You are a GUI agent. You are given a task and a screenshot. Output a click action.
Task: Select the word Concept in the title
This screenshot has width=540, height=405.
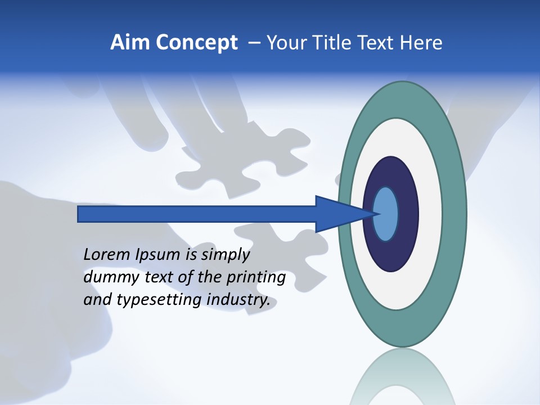pyautogui.click(x=196, y=43)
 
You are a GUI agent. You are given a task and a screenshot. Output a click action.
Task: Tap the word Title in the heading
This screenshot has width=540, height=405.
pyautogui.click(x=330, y=43)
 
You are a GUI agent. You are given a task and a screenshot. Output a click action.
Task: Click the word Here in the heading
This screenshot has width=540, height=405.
pyautogui.click(x=420, y=43)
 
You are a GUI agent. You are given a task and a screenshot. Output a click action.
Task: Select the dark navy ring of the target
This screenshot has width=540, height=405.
pyautogui.click(x=391, y=172)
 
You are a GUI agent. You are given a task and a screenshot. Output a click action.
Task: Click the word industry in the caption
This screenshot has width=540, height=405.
pyautogui.click(x=238, y=300)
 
